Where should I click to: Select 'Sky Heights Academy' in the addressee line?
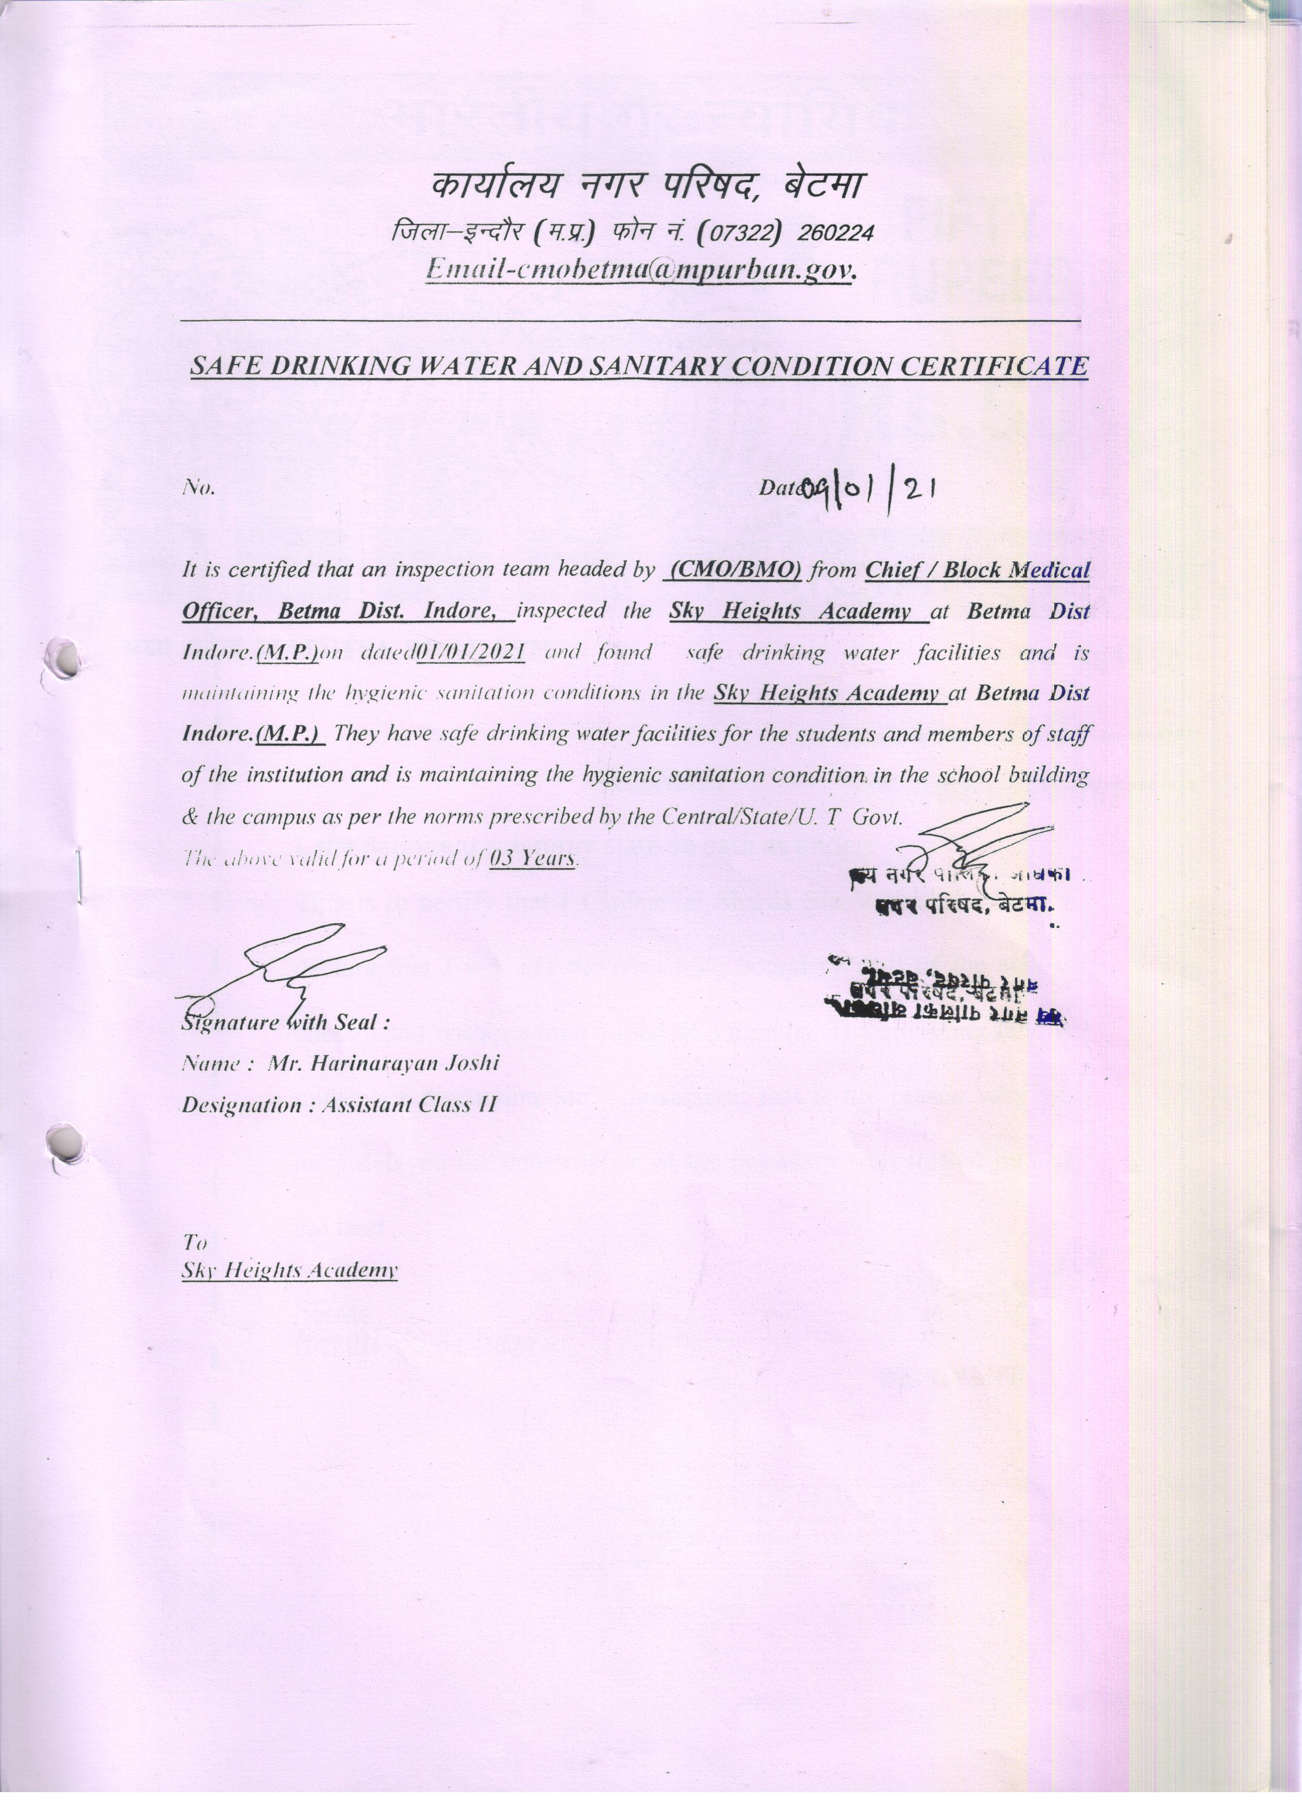coord(289,1270)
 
